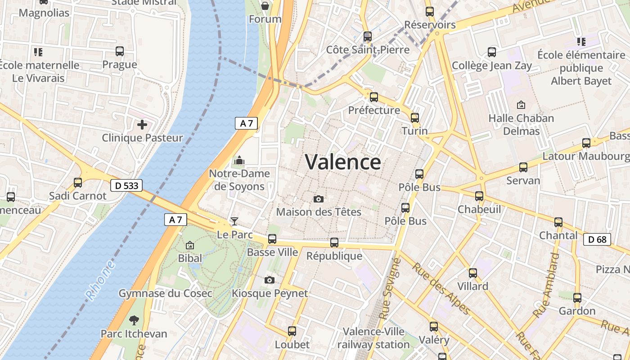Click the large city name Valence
[x=343, y=162]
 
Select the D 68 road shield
[x=597, y=239]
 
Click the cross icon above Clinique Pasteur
[x=142, y=125]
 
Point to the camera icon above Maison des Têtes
[x=319, y=199]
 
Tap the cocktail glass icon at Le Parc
[x=234, y=221]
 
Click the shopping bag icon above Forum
[x=265, y=6]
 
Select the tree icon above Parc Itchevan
[x=134, y=320]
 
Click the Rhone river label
[x=100, y=281]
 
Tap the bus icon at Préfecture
[x=373, y=97]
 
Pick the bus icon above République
[x=334, y=243]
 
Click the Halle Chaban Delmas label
[x=521, y=125]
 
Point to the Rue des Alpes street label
[x=441, y=288]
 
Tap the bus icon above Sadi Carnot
[x=78, y=183]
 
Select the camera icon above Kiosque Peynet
[x=270, y=280]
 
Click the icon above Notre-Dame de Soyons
[x=239, y=160]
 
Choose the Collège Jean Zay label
[x=492, y=66]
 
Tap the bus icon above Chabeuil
[x=479, y=196]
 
